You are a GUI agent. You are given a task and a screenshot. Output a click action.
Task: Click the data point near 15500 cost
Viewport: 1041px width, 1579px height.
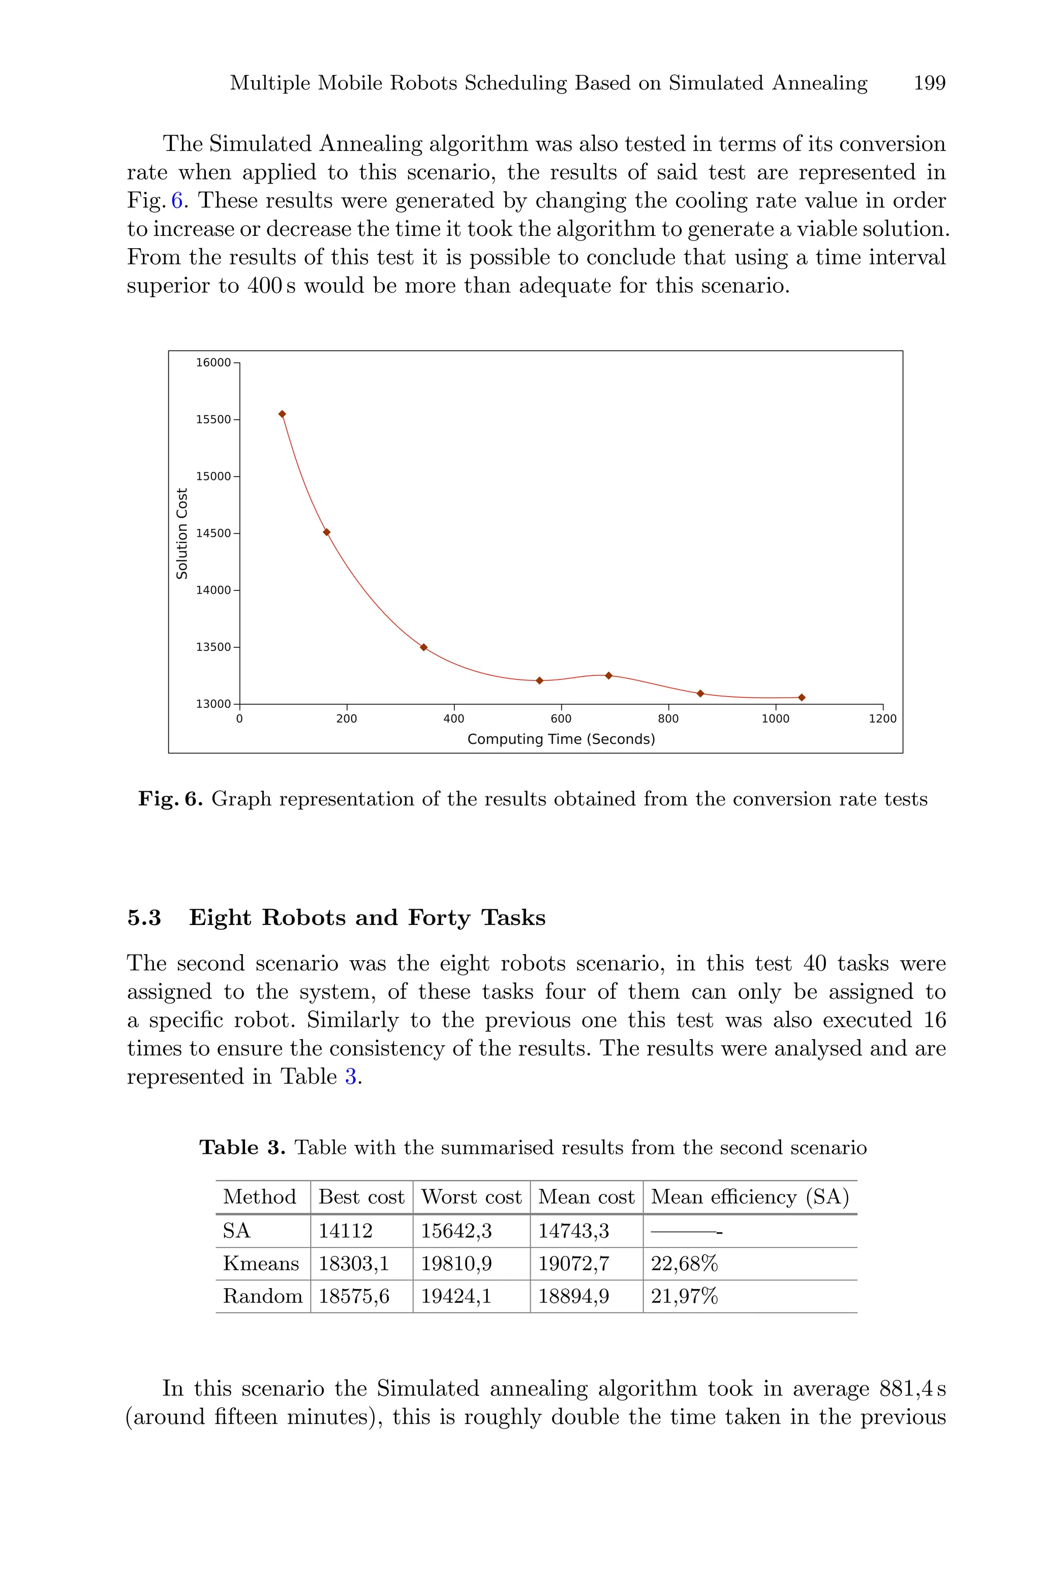282,413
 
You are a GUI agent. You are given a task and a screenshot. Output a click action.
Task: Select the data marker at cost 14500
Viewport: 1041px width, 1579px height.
327,532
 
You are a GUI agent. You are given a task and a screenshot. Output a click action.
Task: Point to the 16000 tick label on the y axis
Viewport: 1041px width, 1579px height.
213,363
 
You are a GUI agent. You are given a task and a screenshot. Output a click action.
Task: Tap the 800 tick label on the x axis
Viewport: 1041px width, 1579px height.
668,719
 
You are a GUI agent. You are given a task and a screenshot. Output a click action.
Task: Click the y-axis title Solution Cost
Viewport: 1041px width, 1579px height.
182,533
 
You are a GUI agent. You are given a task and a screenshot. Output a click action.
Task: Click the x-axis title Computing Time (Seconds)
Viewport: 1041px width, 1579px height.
561,739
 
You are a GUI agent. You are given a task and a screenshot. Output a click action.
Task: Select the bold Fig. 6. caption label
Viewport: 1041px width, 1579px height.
170,799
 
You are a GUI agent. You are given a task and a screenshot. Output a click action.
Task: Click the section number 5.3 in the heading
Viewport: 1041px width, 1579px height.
144,918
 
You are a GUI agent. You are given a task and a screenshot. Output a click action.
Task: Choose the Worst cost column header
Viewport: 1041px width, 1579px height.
471,1197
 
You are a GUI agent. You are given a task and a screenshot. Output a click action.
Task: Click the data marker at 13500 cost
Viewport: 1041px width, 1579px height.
423,647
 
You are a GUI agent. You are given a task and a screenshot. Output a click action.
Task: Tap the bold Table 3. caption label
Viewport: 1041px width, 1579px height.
242,1147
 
